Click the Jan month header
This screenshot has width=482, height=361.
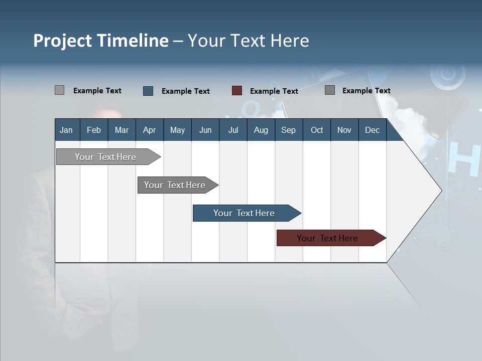(67, 130)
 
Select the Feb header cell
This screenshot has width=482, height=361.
(94, 130)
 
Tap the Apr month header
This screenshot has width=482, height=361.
(150, 130)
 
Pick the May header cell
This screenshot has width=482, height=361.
(177, 130)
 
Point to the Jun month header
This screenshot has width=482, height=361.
(205, 130)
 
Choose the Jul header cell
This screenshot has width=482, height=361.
(233, 130)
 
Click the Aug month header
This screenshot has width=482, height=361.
(261, 130)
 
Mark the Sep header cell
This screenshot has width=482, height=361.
(289, 130)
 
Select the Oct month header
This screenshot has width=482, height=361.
(317, 130)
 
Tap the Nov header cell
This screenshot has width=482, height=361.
(344, 130)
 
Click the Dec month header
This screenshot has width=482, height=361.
(373, 130)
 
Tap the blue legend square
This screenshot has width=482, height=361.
(148, 91)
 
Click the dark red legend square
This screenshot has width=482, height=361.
(237, 91)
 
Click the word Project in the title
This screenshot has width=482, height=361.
(62, 41)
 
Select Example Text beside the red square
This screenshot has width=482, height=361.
(274, 91)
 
